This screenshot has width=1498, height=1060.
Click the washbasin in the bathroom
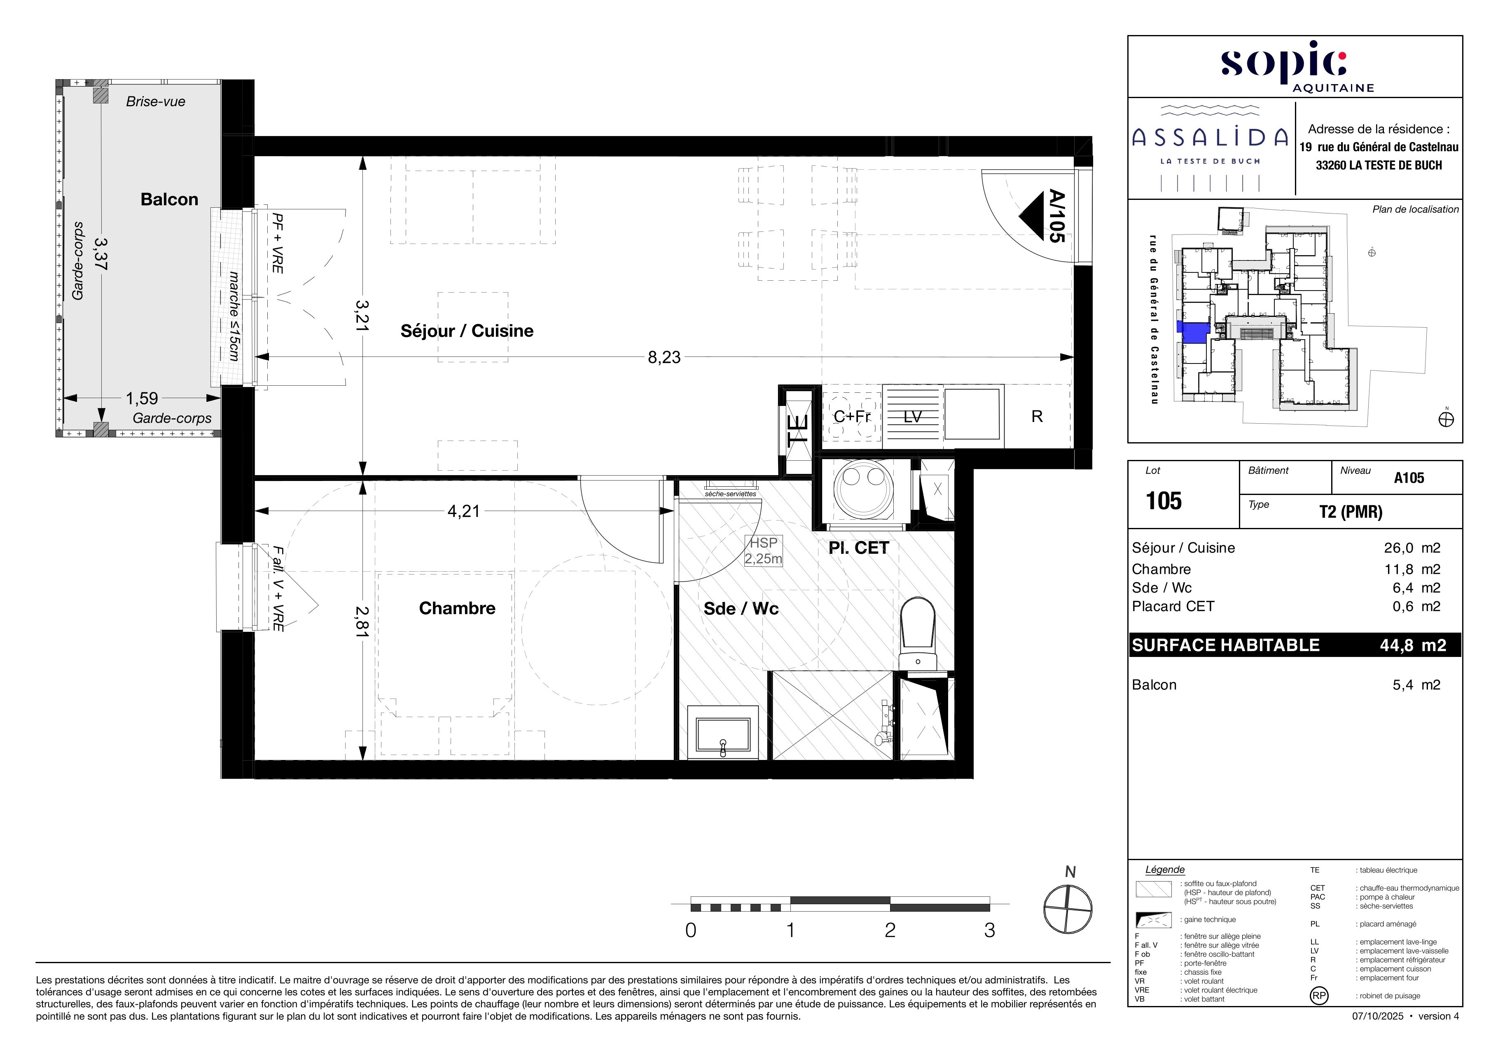pyautogui.click(x=723, y=734)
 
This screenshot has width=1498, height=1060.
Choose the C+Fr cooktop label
pyautogui.click(x=852, y=416)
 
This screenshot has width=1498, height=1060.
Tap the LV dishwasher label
pyautogui.click(x=912, y=416)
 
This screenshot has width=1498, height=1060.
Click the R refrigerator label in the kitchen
pyautogui.click(x=1037, y=416)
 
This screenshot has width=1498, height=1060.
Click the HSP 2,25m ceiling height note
pyautogui.click(x=763, y=551)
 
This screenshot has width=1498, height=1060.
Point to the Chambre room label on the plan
pyautogui.click(x=457, y=608)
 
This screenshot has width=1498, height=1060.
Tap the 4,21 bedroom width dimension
pyautogui.click(x=463, y=511)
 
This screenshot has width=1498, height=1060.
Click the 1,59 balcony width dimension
pyautogui.click(x=142, y=398)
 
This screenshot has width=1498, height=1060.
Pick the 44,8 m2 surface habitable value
pyautogui.click(x=1412, y=645)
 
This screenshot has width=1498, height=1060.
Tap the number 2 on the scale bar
pyautogui.click(x=890, y=931)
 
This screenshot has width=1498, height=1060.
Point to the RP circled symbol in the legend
pyautogui.click(x=1318, y=995)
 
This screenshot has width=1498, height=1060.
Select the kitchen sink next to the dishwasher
pyautogui.click(x=972, y=414)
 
